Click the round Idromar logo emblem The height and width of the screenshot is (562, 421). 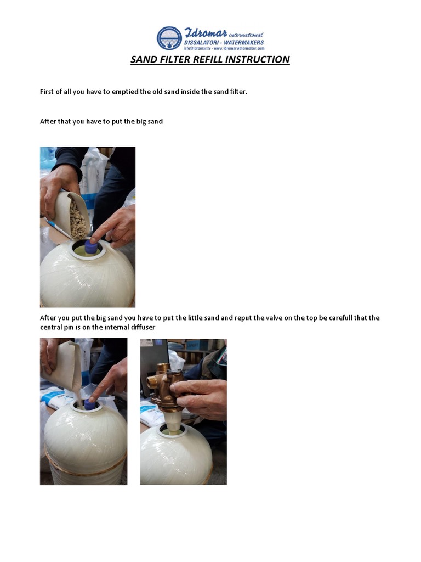click(x=169, y=38)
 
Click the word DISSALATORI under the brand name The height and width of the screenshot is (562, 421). click(x=202, y=42)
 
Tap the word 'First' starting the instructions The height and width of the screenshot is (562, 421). click(x=48, y=92)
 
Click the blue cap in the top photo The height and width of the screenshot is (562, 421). click(x=90, y=248)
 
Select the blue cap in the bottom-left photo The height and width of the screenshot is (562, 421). click(x=89, y=404)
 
